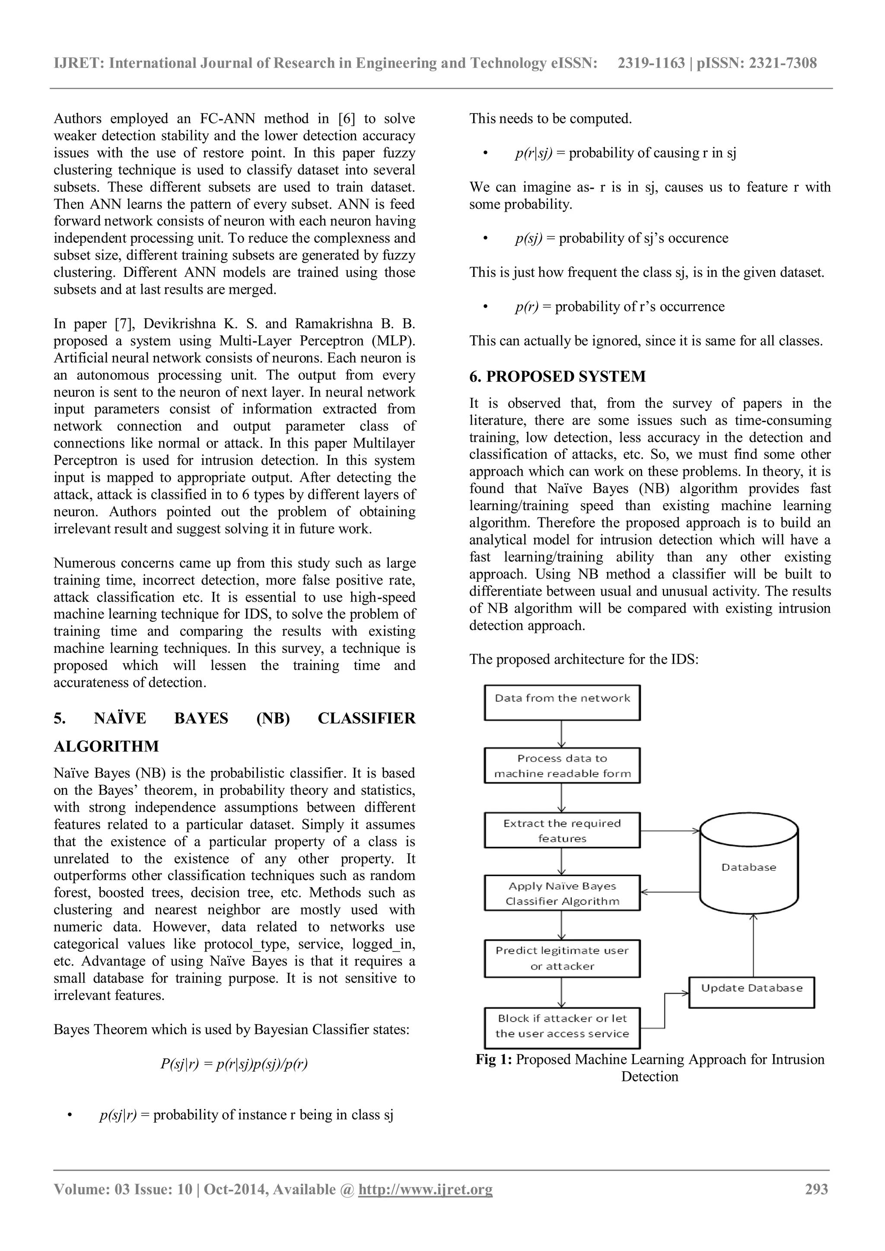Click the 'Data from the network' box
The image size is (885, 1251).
(562, 702)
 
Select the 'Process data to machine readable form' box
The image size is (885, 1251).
(562, 765)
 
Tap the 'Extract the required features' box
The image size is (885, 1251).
(562, 830)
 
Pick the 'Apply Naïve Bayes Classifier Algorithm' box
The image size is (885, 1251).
(562, 893)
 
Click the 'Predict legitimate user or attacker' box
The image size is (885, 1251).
(562, 958)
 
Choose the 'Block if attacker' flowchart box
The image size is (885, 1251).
(562, 1026)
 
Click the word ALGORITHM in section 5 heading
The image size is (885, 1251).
(106, 746)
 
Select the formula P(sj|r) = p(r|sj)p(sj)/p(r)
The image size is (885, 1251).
(234, 1064)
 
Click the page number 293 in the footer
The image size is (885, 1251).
(816, 1189)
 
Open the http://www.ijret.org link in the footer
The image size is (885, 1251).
(425, 1189)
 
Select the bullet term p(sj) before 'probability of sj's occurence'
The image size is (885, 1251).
(528, 238)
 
